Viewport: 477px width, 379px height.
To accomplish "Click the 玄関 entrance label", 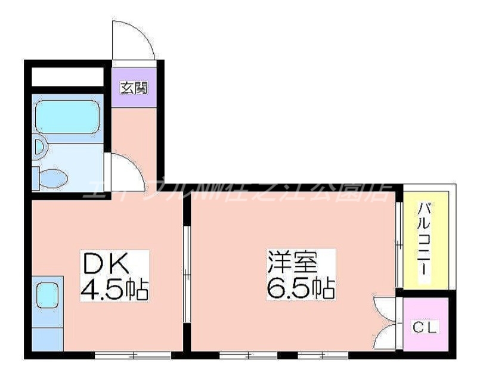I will coord(134,88).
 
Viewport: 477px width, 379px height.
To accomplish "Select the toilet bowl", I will coord(51,177).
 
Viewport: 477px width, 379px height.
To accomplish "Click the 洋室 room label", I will coord(292,263).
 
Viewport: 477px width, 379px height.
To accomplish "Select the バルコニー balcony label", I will coord(425,238).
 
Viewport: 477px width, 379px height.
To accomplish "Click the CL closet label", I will coord(425,327).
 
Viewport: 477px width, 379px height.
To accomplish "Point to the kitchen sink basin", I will coord(46,293).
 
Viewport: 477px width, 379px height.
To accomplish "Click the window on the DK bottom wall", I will coord(132,356).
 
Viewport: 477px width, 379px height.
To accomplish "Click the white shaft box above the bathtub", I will coord(67,77).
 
